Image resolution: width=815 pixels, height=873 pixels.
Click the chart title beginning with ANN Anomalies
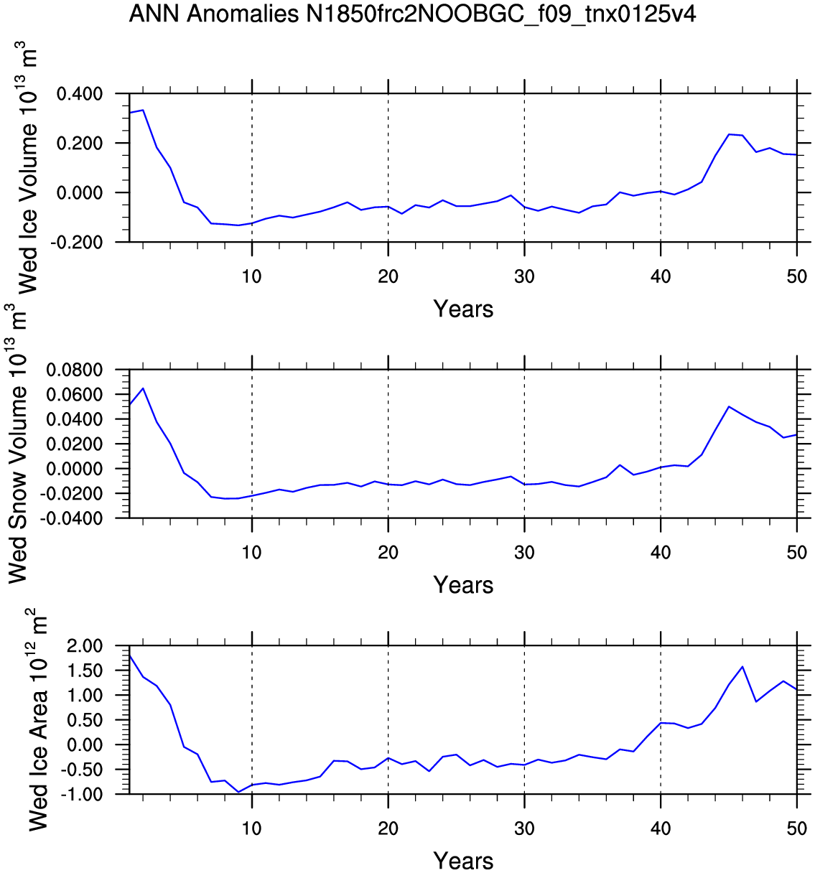point(412,14)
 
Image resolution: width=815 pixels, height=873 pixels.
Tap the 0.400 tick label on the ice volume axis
point(80,93)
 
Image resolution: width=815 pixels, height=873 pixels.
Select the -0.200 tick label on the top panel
point(77,242)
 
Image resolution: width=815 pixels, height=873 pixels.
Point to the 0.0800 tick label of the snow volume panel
point(75,370)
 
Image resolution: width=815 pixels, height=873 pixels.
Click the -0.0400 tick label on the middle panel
point(71,518)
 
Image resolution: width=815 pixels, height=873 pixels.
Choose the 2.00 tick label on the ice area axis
point(85,646)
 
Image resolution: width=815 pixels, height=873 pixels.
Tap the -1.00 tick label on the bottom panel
point(82,795)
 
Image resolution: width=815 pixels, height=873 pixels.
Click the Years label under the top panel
point(463,309)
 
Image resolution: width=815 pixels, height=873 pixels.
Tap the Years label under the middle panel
point(463,584)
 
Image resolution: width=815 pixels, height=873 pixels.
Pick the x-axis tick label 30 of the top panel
point(524,276)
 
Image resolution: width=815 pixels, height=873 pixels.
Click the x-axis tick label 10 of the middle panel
point(251,553)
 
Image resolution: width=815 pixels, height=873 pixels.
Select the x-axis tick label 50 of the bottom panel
point(797,828)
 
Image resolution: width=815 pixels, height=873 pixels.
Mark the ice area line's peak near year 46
point(742,667)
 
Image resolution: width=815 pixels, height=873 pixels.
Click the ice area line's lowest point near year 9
point(238,792)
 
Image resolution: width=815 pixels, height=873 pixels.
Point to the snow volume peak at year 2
point(143,388)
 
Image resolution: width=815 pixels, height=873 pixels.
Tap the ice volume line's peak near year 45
point(729,134)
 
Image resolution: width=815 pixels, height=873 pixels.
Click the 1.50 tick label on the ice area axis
point(85,671)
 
